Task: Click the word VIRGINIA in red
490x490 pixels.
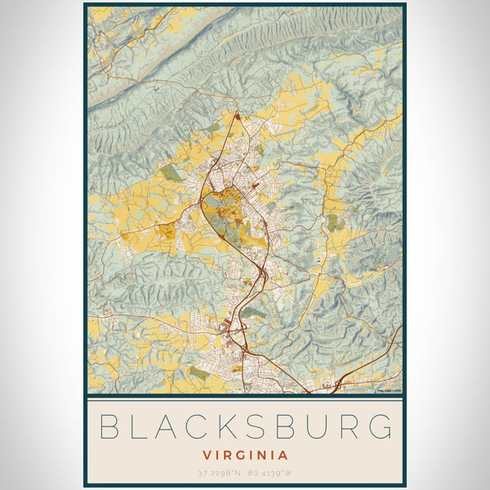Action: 245,455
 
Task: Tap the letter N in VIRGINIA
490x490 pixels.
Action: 261,455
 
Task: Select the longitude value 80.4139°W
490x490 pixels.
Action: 269,474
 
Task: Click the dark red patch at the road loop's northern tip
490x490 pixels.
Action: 238,117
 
